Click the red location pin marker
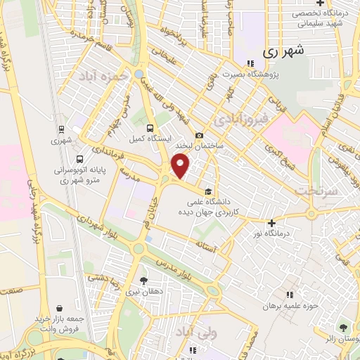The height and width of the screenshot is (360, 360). [181, 166]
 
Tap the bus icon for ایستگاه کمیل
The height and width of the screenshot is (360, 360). [150, 127]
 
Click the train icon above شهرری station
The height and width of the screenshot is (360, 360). [62, 129]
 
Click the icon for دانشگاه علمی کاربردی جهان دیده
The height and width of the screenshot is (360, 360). [208, 190]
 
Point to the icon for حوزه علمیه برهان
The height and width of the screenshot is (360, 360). [289, 294]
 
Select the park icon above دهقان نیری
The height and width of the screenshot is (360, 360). [144, 280]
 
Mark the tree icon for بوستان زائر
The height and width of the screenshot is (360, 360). [342, 327]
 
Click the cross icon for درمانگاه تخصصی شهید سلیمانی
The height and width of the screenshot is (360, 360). [320, 4]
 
